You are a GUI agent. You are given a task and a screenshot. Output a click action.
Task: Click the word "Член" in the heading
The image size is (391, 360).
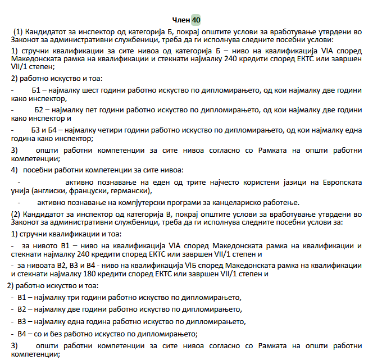[180, 20]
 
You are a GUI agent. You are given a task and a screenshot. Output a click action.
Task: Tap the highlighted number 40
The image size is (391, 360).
[195, 20]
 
